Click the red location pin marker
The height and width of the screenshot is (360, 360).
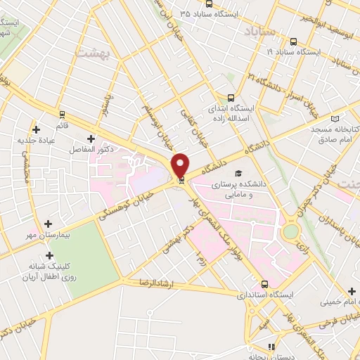click(180, 166)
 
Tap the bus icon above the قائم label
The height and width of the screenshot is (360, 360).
click(62, 114)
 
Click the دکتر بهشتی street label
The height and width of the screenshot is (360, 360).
click(171, 242)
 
